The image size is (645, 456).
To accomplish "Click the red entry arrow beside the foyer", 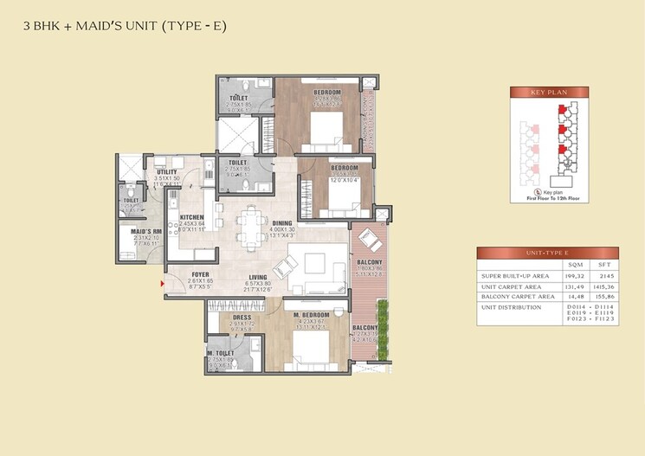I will pyautogui.click(x=162, y=282).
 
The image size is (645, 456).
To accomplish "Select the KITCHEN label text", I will pyautogui.click(x=191, y=217).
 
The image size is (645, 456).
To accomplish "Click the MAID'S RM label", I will pyautogui.click(x=147, y=232).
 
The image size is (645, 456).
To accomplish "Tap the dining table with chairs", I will pyautogui.click(x=251, y=228).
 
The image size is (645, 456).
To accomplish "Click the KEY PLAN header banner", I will pyautogui.click(x=549, y=92).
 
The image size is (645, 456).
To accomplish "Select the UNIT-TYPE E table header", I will pyautogui.click(x=548, y=253).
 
